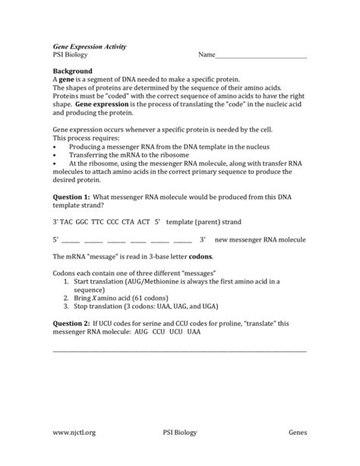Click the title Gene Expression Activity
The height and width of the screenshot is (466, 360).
click(89, 46)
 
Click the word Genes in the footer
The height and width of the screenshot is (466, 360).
click(297, 433)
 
